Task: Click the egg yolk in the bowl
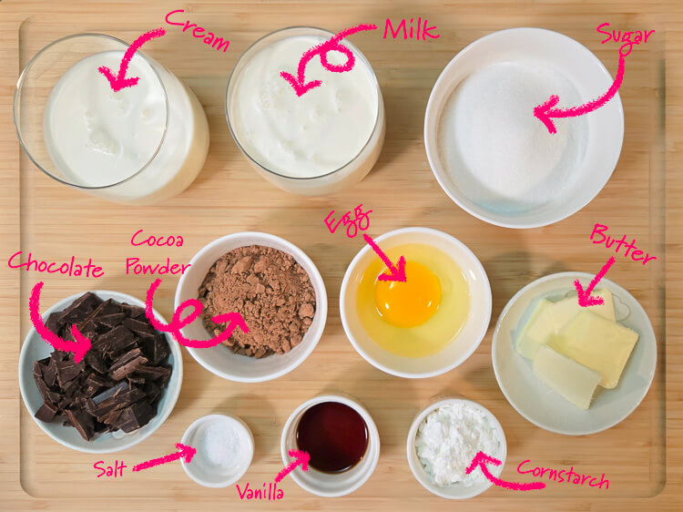point(408,294)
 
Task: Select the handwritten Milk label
point(411,29)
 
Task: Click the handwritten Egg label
point(348,220)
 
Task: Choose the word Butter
point(623,244)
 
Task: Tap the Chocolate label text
point(56,264)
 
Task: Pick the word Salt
point(110,469)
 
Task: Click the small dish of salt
point(217,450)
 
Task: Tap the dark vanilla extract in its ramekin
point(332,436)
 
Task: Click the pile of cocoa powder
point(257,301)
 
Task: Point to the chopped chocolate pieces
point(103,366)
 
